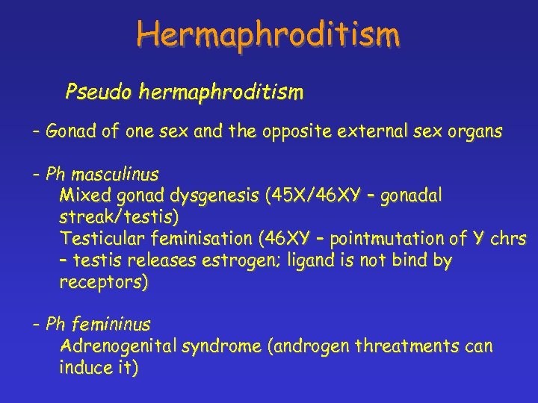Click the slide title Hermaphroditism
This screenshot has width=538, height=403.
[x=268, y=34]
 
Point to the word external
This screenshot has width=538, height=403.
[x=388, y=132]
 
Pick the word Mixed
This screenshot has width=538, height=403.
[x=81, y=196]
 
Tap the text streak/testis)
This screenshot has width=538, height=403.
[x=119, y=218]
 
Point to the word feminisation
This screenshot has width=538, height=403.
[x=197, y=240]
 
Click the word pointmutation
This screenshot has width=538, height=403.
[x=388, y=240]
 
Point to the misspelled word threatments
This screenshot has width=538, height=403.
[x=408, y=347]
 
